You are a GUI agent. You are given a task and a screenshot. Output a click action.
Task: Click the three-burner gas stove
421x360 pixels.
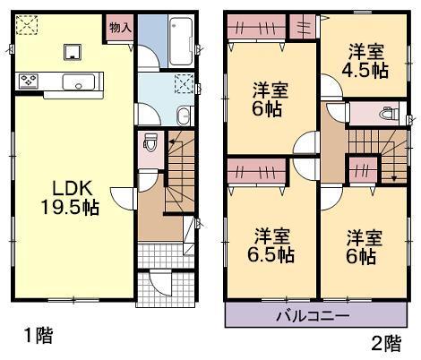pos(28,83)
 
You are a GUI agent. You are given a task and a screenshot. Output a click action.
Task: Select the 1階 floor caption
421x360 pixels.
pos(39,336)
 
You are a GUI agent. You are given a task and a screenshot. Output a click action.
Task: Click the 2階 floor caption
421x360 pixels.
pos(384,340)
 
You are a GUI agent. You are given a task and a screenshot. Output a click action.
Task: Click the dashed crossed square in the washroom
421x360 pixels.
pos(185,87)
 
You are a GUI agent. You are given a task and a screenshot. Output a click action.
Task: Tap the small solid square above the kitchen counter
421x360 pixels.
pos(71,51)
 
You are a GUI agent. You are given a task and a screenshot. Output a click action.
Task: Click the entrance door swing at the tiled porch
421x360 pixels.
pos(158,286)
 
